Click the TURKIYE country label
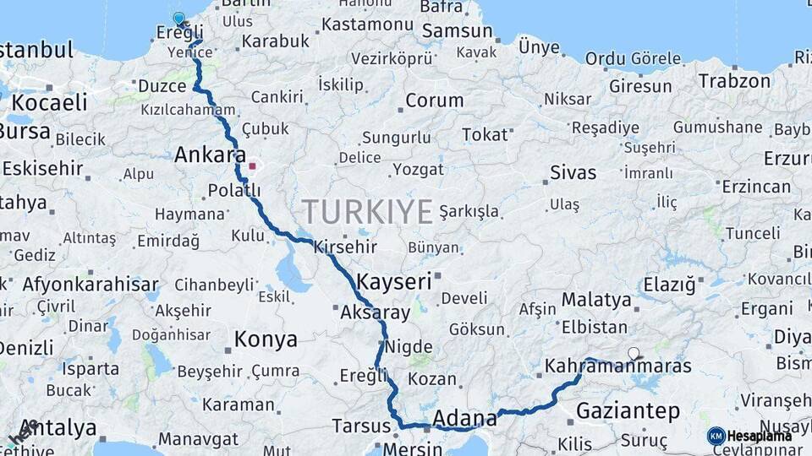pyautogui.click(x=367, y=211)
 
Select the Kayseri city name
pyautogui.click(x=394, y=281)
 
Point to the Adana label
pyautogui.click(x=464, y=418)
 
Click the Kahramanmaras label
pyautogui.click(x=617, y=366)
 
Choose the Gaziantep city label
pyautogui.click(x=628, y=411)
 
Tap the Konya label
pyautogui.click(x=266, y=339)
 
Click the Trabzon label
pyautogui.click(x=734, y=81)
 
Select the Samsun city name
pyautogui.click(x=457, y=31)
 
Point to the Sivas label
pyautogui.click(x=573, y=173)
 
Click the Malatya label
pyautogui.click(x=596, y=300)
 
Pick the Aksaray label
pyautogui.click(x=375, y=313)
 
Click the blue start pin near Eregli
pyautogui.click(x=178, y=19)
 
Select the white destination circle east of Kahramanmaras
pyautogui.click(x=634, y=354)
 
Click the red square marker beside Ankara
pyautogui.click(x=251, y=166)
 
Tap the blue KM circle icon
pyautogui.click(x=716, y=436)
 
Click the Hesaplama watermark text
pyautogui.click(x=760, y=436)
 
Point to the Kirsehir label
pyautogui.click(x=344, y=247)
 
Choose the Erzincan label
pyautogui.click(x=756, y=187)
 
